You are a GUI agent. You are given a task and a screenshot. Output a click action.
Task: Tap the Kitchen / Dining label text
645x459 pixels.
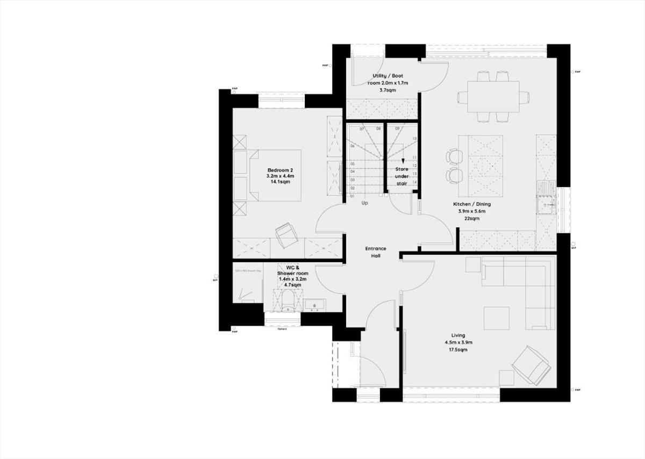471,204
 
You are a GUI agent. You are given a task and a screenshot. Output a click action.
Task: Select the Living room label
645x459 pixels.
458,335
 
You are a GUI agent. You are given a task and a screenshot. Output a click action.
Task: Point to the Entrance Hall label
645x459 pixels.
376,252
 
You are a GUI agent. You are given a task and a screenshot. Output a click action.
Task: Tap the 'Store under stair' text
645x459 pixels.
402,176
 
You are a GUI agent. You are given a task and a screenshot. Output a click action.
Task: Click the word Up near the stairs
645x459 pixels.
364,203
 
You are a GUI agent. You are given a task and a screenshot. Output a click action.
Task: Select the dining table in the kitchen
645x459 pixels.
493,97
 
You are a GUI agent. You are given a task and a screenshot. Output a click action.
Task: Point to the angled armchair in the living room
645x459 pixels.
531,365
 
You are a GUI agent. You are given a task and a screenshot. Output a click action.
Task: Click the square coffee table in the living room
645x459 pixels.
496,318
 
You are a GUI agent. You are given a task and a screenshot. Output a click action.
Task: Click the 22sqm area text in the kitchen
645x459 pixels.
471,219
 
